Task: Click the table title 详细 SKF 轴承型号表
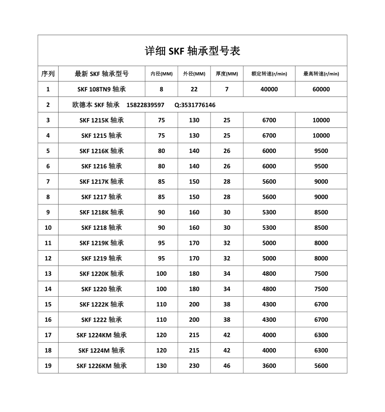point(192,51)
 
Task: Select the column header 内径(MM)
point(162,74)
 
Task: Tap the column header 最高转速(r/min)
point(321,74)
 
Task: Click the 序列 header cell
point(48,74)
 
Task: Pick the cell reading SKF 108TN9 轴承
point(102,89)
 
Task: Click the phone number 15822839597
point(145,105)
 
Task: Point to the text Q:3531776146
point(195,105)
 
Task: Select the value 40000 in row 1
point(269,89)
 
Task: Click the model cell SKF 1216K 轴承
point(102,151)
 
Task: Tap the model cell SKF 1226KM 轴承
point(102,366)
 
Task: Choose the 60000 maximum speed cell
point(321,89)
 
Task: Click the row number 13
point(48,274)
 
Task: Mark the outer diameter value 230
point(194,366)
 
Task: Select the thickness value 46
point(227,366)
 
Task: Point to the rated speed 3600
point(269,366)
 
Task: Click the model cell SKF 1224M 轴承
point(102,350)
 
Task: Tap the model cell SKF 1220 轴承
point(102,289)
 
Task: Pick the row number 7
point(48,181)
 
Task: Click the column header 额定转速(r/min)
point(269,74)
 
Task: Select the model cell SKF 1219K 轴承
point(102,243)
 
